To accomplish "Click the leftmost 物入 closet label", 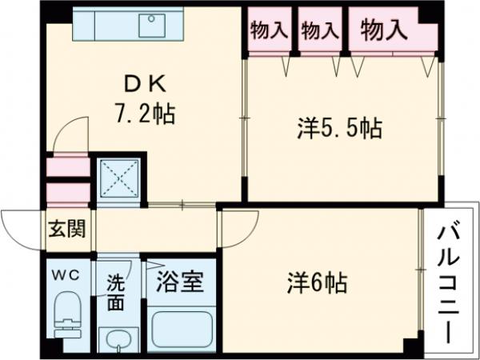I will point(268,31).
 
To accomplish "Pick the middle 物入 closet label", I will point(319,31).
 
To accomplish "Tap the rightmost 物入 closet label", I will point(384,31).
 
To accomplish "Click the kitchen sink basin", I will point(153,25).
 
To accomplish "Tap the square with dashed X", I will point(119,178).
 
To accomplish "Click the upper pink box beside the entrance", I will point(67,167).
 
